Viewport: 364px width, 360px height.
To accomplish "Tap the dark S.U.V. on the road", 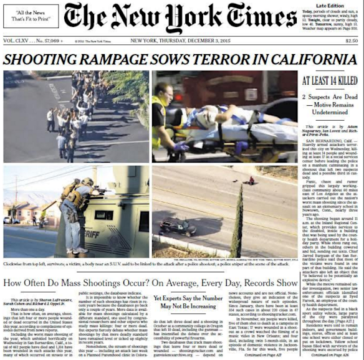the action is [179, 226].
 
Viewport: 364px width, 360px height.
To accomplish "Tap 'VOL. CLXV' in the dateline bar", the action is [18, 42].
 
